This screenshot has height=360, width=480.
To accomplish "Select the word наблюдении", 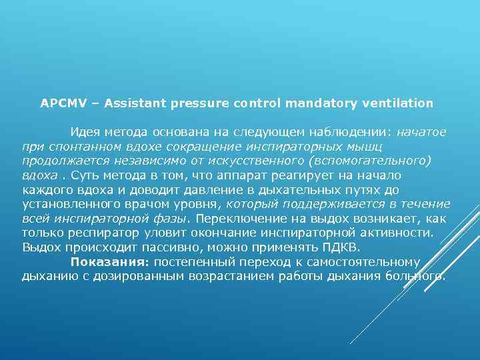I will point(357,132).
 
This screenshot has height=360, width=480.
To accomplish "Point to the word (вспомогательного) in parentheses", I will point(377,161).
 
